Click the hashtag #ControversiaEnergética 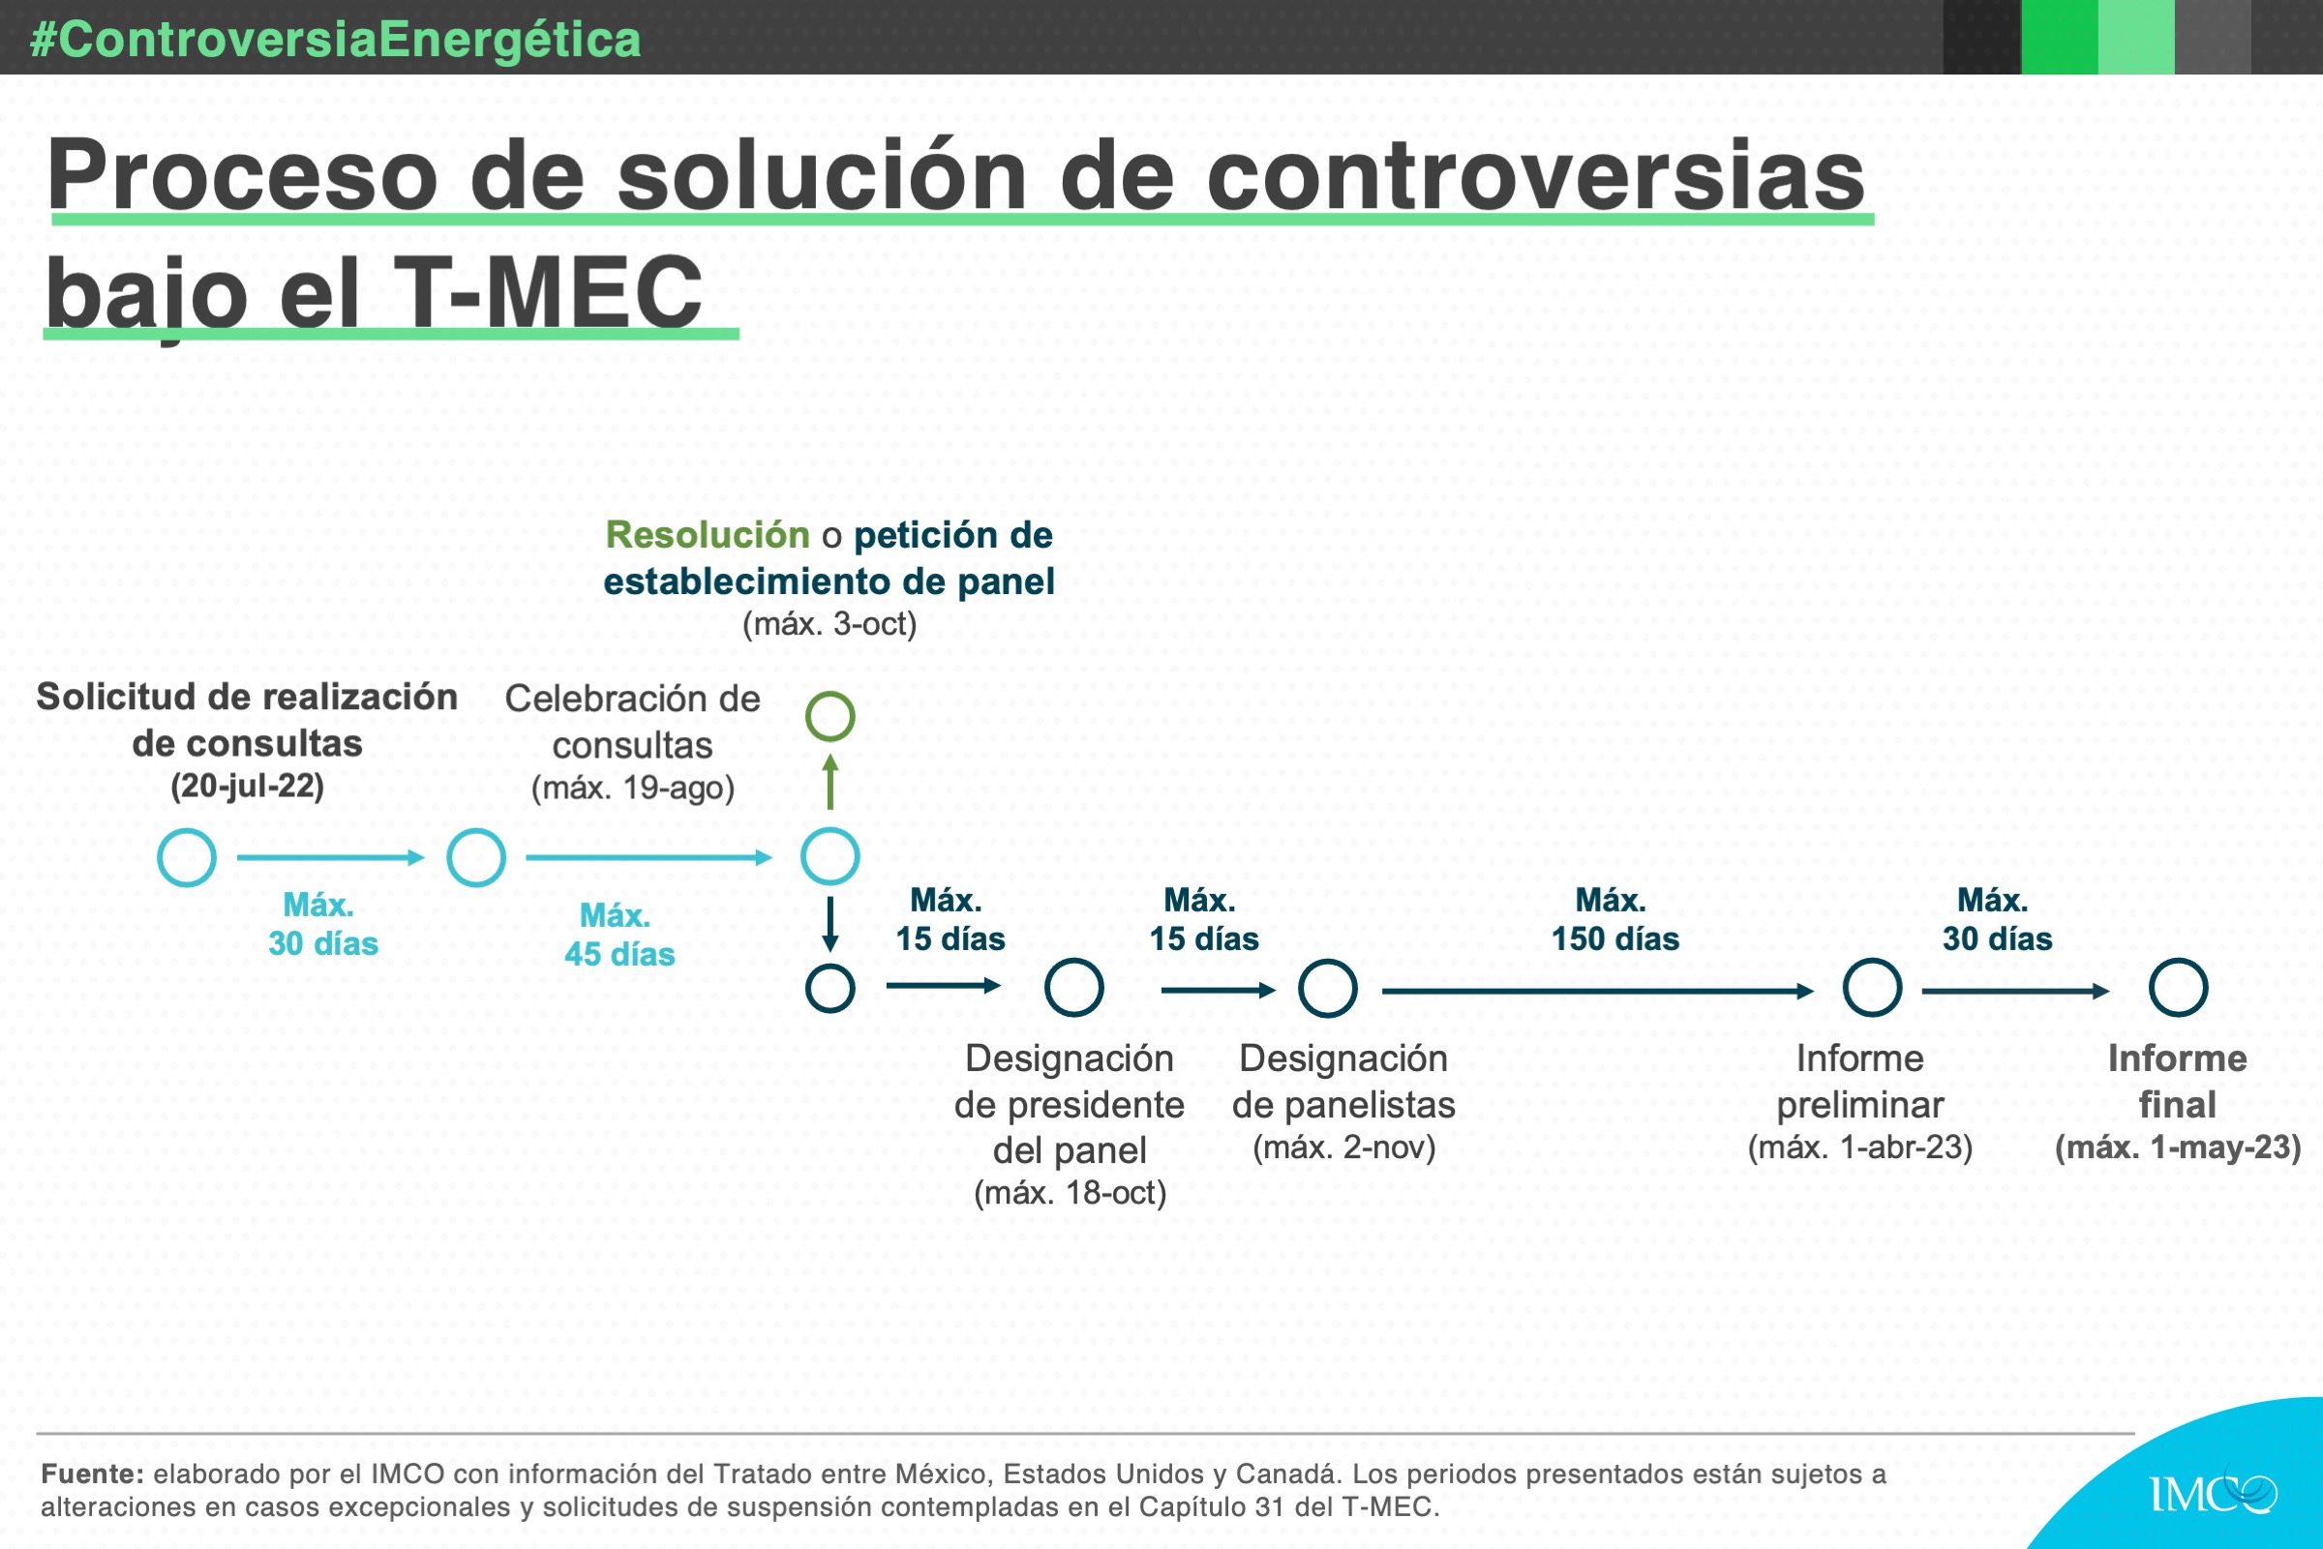[x=336, y=40]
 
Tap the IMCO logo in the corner [x=2213, y=1492]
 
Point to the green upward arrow [x=831, y=782]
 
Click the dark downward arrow [x=831, y=925]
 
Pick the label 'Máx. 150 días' [x=1614, y=919]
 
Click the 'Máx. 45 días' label [x=619, y=935]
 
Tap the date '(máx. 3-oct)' [x=830, y=624]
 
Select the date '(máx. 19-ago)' [x=633, y=789]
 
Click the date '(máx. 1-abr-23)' [x=1859, y=1147]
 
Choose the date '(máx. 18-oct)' [x=1071, y=1193]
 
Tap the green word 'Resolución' [x=708, y=534]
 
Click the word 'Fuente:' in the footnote [x=93, y=1474]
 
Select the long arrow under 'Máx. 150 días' [x=1598, y=991]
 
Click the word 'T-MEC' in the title [x=549, y=292]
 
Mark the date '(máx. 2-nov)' [x=1343, y=1147]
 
